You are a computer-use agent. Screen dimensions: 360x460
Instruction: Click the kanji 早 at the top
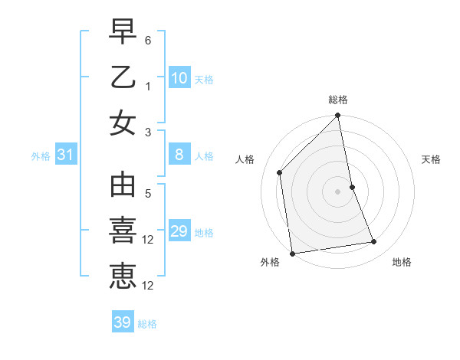click(123, 33)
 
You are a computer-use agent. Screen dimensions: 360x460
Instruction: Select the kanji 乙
click(123, 78)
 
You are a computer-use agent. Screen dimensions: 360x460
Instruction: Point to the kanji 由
click(123, 186)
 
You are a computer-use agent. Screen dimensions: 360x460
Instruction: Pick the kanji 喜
click(123, 231)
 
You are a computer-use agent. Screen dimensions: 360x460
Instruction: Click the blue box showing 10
click(179, 77)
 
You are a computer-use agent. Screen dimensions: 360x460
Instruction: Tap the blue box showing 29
click(179, 232)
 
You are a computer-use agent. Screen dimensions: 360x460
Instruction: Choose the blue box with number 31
click(66, 155)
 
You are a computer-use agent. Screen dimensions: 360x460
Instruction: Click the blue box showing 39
click(123, 322)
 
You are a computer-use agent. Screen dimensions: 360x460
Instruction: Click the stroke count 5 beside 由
click(149, 193)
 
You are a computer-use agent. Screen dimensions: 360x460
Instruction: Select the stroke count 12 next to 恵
click(149, 286)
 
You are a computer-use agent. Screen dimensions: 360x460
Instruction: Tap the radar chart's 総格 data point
click(338, 116)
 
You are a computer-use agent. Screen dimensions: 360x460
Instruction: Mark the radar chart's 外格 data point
click(292, 254)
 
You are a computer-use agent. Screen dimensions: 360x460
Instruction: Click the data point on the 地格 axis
click(374, 242)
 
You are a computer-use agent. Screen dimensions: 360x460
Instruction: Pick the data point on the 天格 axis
click(353, 187)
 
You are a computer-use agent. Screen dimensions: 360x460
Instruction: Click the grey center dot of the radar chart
click(338, 191)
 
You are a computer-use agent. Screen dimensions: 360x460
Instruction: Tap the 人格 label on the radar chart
click(245, 159)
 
